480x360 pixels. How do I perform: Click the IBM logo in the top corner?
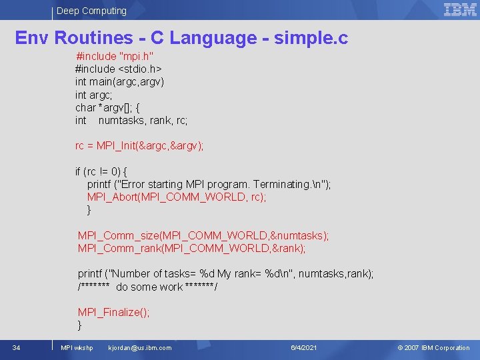tap(460, 9)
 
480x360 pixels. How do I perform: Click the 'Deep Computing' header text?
tap(91, 11)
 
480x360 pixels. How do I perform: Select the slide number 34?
tap(16, 347)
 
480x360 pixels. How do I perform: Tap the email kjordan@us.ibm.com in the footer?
tap(139, 348)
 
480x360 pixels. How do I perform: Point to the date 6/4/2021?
tap(304, 348)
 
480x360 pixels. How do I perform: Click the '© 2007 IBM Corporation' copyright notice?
tap(433, 348)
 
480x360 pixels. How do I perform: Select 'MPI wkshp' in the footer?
tap(77, 348)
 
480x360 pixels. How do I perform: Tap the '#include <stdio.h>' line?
tap(119, 69)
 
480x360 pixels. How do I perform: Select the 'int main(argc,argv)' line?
tap(119, 82)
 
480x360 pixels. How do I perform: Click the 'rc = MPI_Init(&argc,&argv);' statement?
tap(139, 146)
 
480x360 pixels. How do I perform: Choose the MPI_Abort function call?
tap(176, 197)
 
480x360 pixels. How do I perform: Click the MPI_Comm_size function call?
tap(203, 235)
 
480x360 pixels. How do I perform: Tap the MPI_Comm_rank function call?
tap(191, 248)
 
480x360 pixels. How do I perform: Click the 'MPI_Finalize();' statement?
tap(113, 312)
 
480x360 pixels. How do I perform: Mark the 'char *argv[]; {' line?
tap(107, 107)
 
